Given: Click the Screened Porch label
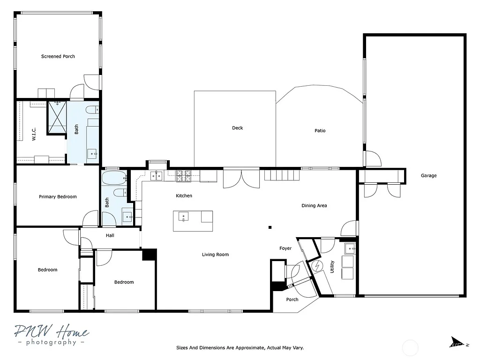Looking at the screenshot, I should pyautogui.click(x=58, y=56).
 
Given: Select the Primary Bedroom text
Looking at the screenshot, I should pyautogui.click(x=58, y=197).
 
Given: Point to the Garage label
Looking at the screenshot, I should pyautogui.click(x=428, y=176).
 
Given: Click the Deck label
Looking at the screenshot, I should pyautogui.click(x=238, y=128).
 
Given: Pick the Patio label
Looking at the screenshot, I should pyautogui.click(x=320, y=131).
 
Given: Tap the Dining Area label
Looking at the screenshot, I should pyautogui.click(x=314, y=206).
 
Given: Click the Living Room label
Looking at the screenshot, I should pyautogui.click(x=215, y=255).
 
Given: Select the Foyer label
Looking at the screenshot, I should pyautogui.click(x=285, y=248).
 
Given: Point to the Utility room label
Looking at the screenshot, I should pyautogui.click(x=332, y=267).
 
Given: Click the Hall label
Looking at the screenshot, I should pyautogui.click(x=110, y=235).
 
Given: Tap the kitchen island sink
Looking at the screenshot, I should pyautogui.click(x=183, y=217).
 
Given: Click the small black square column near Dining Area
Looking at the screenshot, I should pyautogui.click(x=270, y=228).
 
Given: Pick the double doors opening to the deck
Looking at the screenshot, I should pyautogui.click(x=241, y=179).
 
